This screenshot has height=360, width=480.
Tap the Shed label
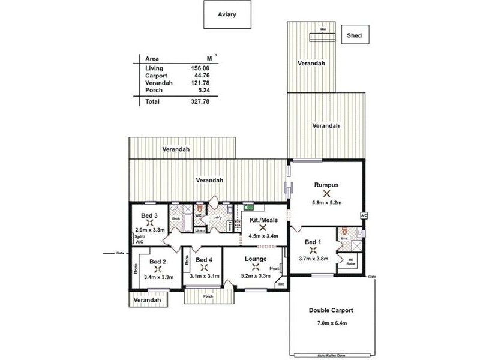tap(355, 35)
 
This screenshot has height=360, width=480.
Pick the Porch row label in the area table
tap(154, 90)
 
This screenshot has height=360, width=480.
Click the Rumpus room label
tap(326, 184)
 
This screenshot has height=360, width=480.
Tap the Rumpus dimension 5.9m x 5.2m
tap(326, 203)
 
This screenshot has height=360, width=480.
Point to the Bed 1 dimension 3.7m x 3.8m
tap(314, 259)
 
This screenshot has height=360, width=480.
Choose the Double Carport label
tap(331, 310)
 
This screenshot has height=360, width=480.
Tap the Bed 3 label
tap(149, 216)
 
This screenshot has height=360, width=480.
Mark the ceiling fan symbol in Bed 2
tap(157, 269)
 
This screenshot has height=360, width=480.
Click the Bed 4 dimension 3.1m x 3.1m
tap(205, 276)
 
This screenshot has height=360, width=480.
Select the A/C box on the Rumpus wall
tap(364, 215)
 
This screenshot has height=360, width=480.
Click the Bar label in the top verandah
tap(323, 29)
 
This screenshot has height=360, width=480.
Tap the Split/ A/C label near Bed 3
tap(140, 239)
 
